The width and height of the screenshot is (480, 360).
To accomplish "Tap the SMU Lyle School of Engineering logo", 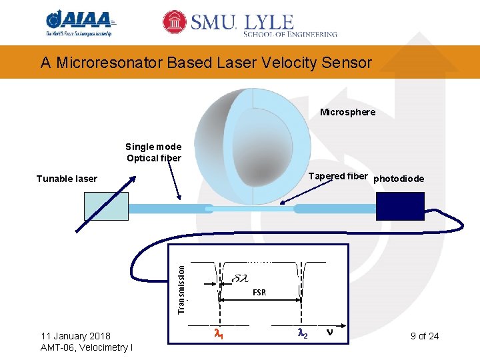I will tap(251, 23).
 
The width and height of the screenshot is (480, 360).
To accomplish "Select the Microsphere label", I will tap(347, 112).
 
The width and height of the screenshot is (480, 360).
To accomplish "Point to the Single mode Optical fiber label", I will tap(154, 152).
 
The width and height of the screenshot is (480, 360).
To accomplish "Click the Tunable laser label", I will tap(67, 179).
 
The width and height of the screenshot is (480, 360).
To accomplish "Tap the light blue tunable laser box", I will tap(105, 206).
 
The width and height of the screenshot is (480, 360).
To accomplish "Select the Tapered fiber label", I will tap(339, 176).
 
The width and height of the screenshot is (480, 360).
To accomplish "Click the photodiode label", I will tap(399, 179).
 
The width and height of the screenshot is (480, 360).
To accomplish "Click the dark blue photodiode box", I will tap(400, 206).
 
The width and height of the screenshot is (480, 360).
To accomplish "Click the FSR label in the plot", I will tap(259, 293).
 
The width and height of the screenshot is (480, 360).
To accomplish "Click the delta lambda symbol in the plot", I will tap(240, 278).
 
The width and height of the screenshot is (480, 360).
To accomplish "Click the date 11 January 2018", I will tap(75, 335).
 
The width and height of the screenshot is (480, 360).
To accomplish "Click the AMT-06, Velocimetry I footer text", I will tap(86, 347).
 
